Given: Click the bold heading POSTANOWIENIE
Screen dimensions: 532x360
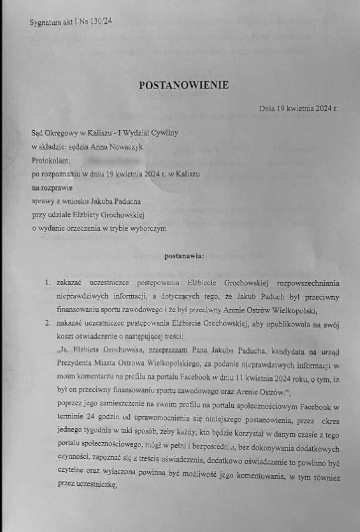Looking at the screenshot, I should click(x=183, y=86).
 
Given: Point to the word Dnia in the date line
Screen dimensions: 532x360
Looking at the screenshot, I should click(x=268, y=108).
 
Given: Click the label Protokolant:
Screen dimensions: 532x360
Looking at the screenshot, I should click(x=50, y=161).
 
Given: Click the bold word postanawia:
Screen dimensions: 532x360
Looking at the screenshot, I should click(x=183, y=257).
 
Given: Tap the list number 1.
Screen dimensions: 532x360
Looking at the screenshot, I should click(x=48, y=283).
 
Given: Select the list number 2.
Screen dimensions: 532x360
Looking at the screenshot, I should click(x=48, y=324).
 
